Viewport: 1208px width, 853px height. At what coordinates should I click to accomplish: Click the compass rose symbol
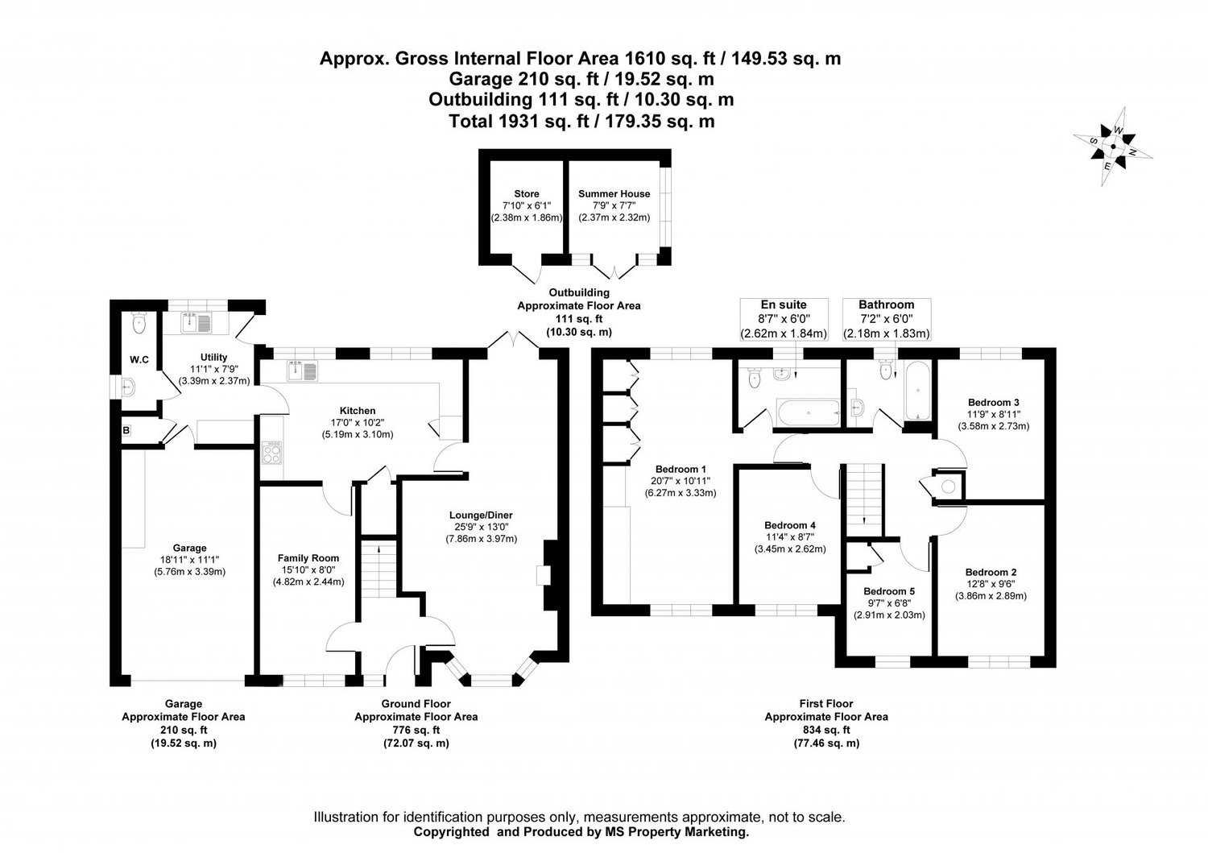tap(1112, 147)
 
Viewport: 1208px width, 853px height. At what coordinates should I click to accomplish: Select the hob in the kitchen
tap(272, 453)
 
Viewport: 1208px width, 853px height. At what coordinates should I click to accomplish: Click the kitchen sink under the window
tap(302, 371)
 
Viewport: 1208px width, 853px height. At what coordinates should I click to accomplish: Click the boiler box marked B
tap(126, 431)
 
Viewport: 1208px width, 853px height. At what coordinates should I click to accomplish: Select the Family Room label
tap(308, 557)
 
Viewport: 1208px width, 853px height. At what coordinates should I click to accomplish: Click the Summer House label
tap(614, 194)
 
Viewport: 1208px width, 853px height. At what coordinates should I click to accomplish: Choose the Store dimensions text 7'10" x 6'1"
tap(526, 206)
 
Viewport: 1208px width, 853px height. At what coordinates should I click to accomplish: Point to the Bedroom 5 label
tap(889, 590)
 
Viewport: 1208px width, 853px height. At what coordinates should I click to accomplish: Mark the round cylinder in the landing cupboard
tap(949, 486)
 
